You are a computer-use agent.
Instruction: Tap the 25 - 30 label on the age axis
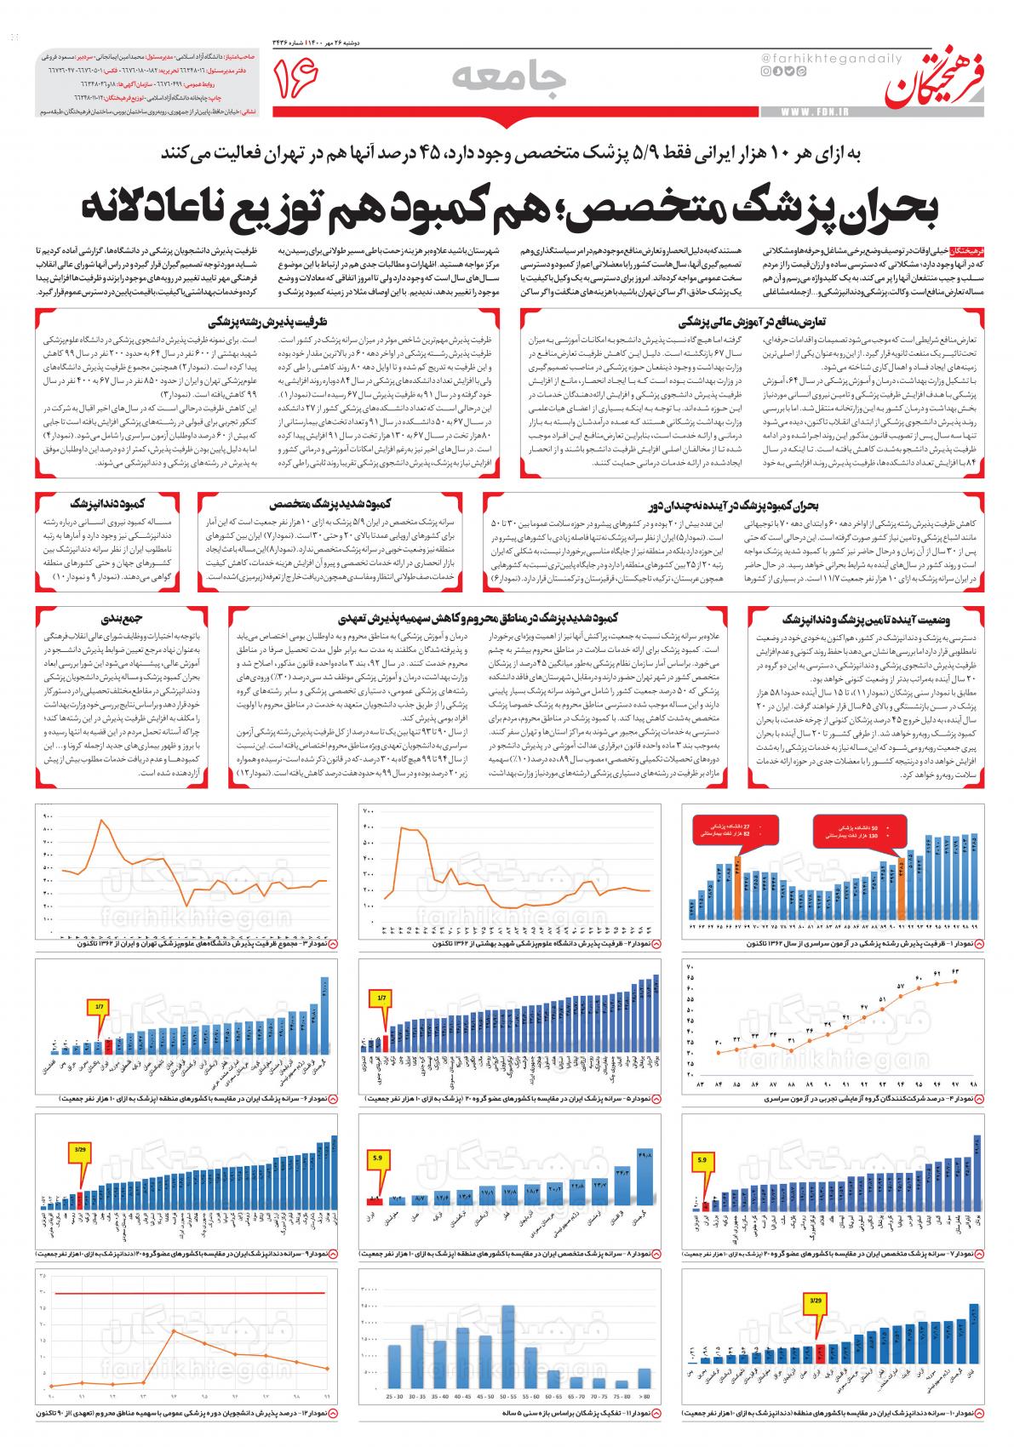coord(396,1398)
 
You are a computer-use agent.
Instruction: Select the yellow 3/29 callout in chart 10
coord(816,1301)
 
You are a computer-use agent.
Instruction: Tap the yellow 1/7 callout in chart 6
coord(100,1007)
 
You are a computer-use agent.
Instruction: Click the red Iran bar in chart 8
coord(374,1201)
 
